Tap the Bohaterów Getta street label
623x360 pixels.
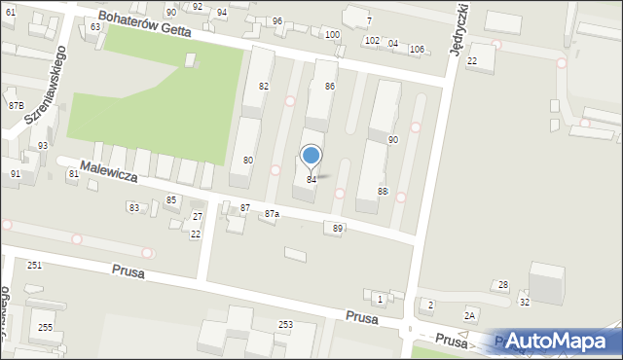point(146,24)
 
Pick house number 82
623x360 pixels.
point(263,87)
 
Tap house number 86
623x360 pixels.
point(330,87)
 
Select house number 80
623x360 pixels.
point(248,160)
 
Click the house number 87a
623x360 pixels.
point(271,214)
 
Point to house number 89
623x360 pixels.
point(338,228)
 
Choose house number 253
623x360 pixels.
point(285,324)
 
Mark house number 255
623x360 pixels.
point(46,327)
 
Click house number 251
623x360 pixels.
point(34,265)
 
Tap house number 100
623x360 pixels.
point(332,35)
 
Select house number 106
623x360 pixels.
point(417,49)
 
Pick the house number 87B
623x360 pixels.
point(16,105)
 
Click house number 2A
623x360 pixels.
point(470,315)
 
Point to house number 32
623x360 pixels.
point(524,303)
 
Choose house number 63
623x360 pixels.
point(95,26)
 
